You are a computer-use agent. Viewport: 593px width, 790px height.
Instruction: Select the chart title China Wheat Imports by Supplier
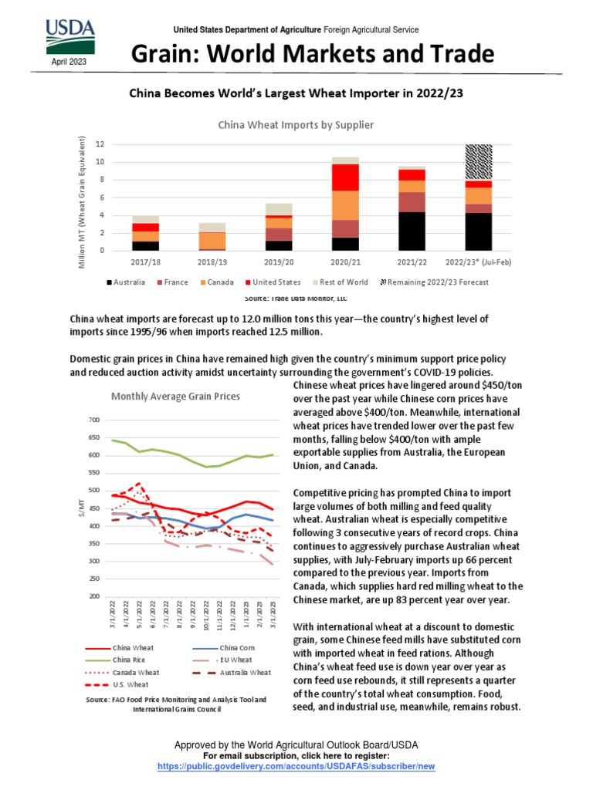point(296,124)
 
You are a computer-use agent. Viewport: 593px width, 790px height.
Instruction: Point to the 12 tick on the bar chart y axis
point(100,144)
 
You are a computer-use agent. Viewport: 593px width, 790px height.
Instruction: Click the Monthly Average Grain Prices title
point(175,397)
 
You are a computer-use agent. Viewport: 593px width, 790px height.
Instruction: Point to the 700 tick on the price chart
point(94,420)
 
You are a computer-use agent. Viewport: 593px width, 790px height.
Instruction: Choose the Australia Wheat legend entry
point(245,672)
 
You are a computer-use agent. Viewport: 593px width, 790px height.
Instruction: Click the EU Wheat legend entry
point(235,660)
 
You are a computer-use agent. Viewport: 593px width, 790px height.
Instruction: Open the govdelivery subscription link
point(296,767)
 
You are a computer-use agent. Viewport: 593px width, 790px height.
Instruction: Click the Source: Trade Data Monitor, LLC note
point(296,298)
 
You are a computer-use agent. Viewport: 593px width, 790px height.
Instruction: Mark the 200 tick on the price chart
point(94,596)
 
